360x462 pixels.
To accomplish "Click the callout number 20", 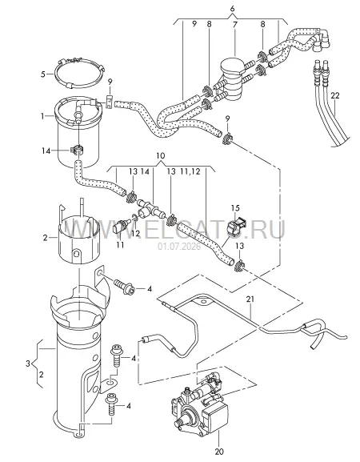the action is click(219, 451).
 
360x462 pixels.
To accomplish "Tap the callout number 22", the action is click(335, 95).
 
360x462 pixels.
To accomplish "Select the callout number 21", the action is click(250, 299).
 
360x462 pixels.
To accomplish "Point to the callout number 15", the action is click(235, 208).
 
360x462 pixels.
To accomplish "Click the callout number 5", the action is click(43, 74).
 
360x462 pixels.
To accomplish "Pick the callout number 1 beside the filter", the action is click(42, 116).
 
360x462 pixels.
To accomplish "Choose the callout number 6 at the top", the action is click(233, 9).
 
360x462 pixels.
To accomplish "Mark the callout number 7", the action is click(235, 24).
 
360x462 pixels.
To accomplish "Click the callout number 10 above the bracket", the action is click(161, 155).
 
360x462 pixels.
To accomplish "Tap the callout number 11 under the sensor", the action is click(120, 244).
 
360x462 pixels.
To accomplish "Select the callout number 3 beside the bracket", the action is click(28, 364).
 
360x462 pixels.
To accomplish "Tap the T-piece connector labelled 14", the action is click(150, 207).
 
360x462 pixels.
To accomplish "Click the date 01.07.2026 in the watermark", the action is click(179, 247).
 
